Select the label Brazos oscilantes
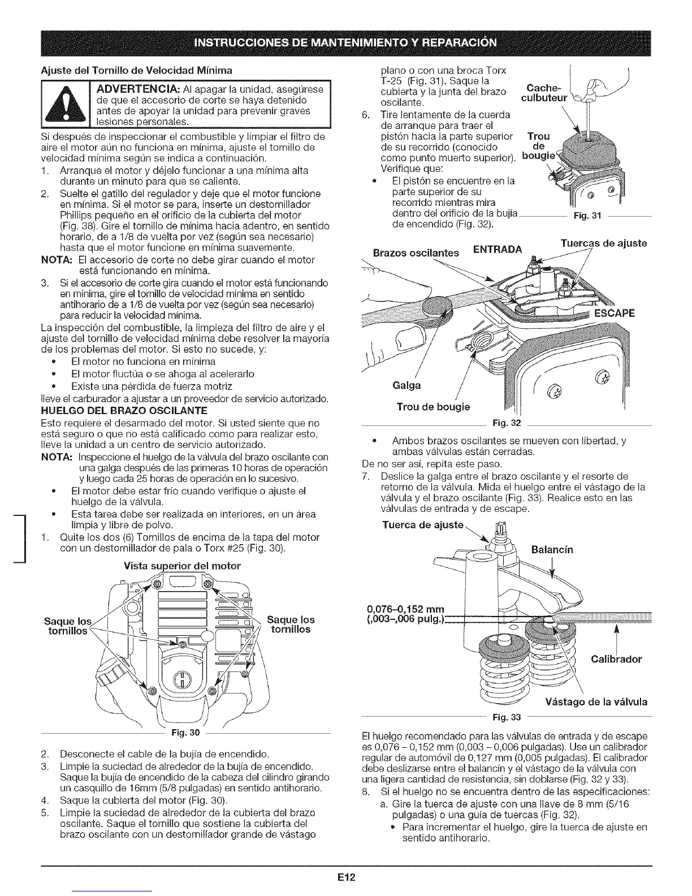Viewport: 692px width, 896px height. click(x=415, y=253)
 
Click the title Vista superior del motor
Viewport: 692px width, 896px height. click(x=182, y=566)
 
